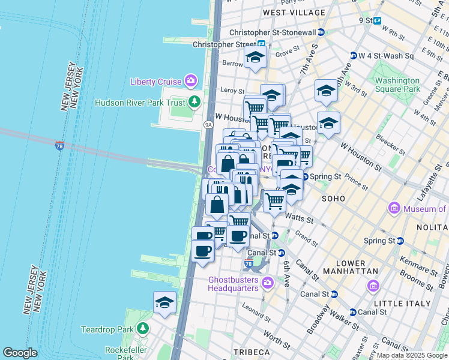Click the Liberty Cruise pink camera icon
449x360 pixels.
[191, 80]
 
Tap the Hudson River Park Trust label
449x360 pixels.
[141, 103]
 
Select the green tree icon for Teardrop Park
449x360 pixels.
[143, 329]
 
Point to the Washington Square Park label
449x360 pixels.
[397, 85]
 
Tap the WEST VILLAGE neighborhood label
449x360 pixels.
[294, 12]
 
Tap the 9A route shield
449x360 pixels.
[208, 125]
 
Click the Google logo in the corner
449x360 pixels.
[20, 353]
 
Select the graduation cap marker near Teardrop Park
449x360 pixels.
[164, 304]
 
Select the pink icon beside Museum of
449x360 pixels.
[394, 208]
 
